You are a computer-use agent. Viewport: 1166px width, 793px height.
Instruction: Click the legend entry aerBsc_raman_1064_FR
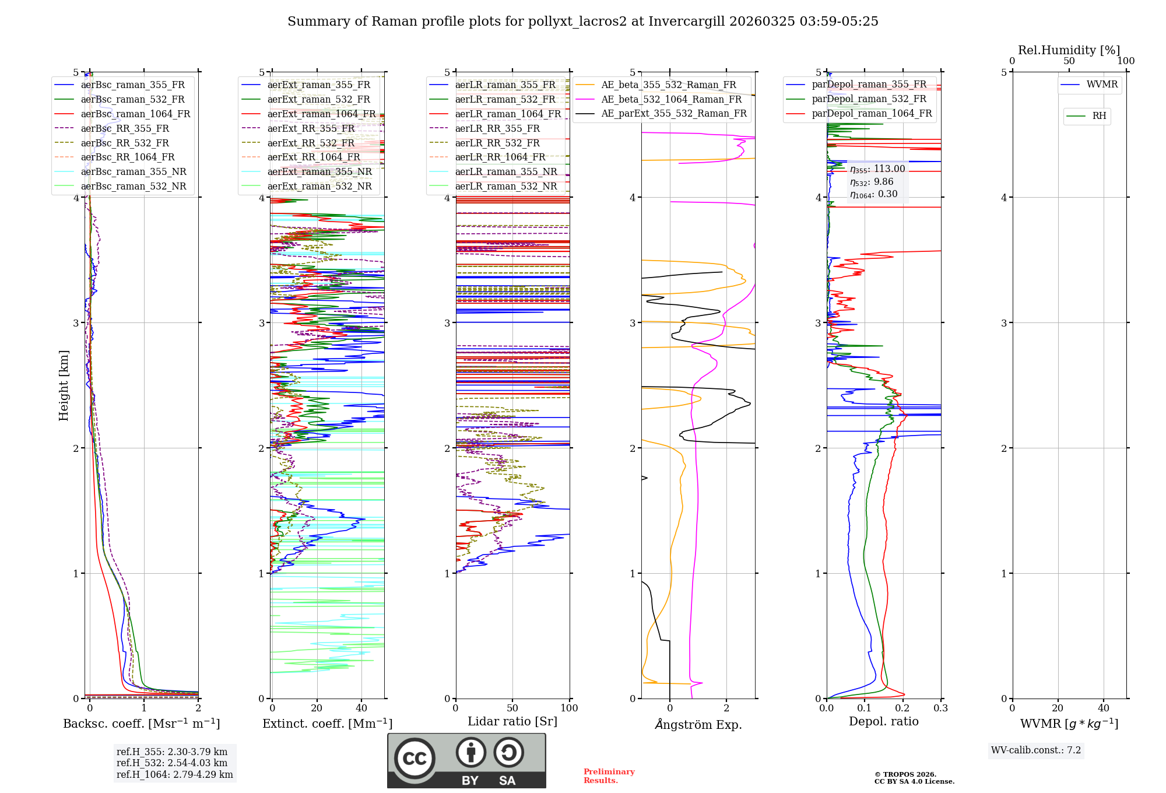tap(135, 114)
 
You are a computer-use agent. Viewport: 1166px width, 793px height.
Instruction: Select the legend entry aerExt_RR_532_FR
tap(311, 143)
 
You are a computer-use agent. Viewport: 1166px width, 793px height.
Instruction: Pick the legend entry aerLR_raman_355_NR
tap(505, 171)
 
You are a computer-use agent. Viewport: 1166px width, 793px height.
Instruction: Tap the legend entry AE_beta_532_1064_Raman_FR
tap(671, 99)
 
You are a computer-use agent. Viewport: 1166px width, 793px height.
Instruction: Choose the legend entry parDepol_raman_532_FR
tap(869, 99)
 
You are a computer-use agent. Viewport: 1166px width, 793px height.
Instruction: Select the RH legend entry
tap(1099, 116)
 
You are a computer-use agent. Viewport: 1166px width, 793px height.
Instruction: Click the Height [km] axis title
tap(64, 385)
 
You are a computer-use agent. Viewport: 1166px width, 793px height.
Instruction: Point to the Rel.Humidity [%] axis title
tap(1069, 50)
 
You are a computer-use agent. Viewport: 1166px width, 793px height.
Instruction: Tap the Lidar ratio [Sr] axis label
tap(512, 721)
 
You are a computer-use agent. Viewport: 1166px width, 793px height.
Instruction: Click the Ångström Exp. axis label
tap(698, 724)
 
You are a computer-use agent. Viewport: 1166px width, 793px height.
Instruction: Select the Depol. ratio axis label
tap(883, 721)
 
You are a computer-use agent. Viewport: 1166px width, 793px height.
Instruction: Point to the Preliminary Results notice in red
tap(609, 776)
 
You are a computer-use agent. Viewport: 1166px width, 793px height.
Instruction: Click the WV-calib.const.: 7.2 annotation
tap(1035, 750)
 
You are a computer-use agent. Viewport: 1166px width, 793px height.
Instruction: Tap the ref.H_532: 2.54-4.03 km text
tap(171, 763)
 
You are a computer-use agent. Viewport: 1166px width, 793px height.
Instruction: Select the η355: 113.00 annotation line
tap(877, 169)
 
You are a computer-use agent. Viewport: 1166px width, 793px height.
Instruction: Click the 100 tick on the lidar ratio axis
tap(569, 708)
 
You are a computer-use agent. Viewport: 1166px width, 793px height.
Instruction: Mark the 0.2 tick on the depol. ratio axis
tap(902, 708)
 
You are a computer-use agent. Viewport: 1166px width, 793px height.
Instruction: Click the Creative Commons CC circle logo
tap(415, 758)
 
